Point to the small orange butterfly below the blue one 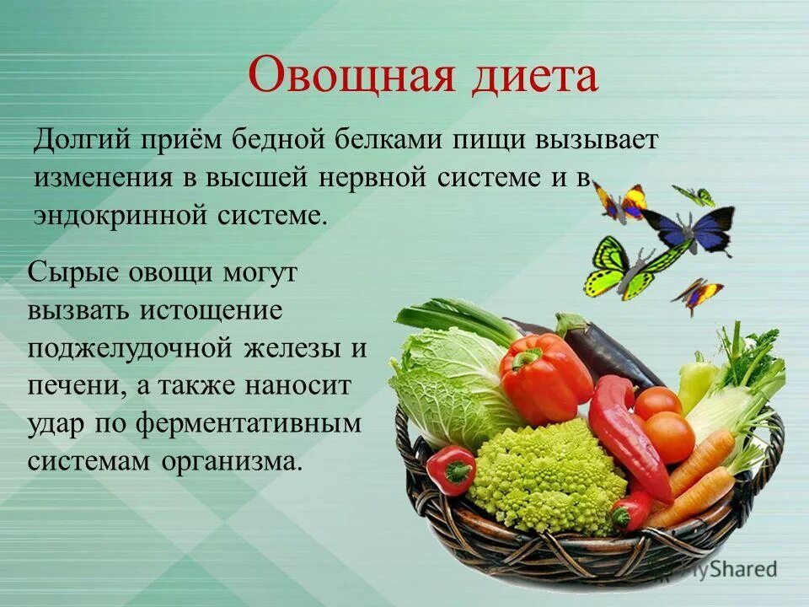pyautogui.click(x=698, y=294)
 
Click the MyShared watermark pyautogui.click(x=725, y=569)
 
